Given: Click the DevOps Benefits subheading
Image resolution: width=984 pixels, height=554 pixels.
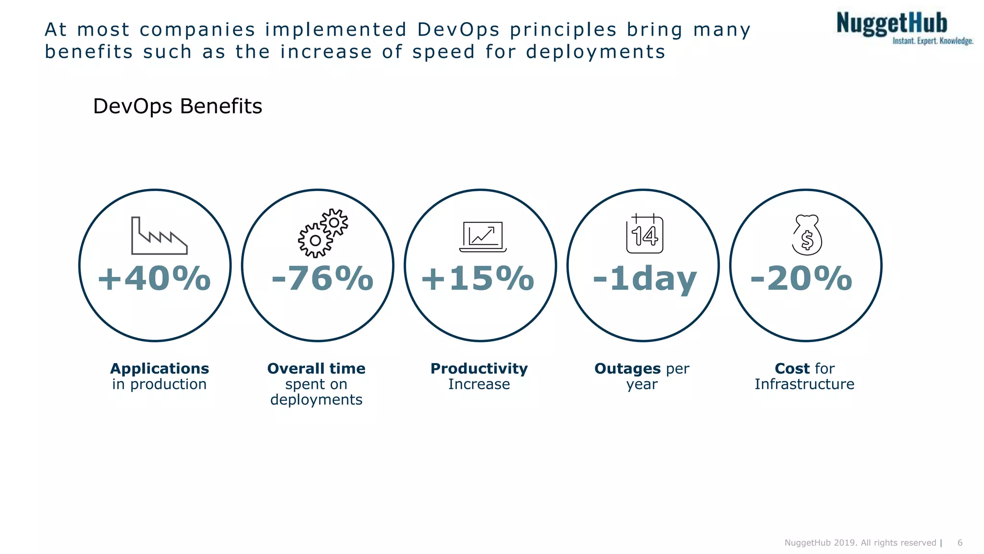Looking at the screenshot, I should click(x=177, y=106).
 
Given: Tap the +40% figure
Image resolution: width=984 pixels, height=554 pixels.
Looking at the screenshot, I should click(x=154, y=279).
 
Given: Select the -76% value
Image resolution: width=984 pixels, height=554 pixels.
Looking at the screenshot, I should click(x=322, y=279).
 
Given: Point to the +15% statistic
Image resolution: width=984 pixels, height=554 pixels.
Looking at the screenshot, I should click(x=477, y=279).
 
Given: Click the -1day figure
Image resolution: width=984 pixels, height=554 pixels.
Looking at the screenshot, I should click(x=644, y=279).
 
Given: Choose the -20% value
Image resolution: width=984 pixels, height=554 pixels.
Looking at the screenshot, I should click(x=801, y=279).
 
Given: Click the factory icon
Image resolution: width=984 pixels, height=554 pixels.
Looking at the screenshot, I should click(x=159, y=236).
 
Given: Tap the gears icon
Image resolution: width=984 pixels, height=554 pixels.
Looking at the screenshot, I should click(x=323, y=233).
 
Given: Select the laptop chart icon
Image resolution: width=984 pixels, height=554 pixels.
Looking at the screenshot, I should click(x=483, y=237).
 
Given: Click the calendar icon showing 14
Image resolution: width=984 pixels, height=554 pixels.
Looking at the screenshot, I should click(x=644, y=234).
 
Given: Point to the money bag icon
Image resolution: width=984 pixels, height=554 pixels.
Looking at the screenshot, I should click(x=807, y=235).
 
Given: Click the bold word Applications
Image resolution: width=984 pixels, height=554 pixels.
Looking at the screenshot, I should click(x=160, y=369).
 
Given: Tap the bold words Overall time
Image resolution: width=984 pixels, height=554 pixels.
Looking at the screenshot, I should click(x=316, y=369).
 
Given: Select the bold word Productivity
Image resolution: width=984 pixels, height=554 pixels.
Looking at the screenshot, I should click(x=479, y=369).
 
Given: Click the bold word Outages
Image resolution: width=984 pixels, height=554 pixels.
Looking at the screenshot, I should click(x=627, y=369).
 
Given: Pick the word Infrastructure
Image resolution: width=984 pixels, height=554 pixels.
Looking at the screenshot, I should click(x=804, y=384).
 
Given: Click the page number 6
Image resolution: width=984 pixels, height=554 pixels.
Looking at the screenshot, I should click(x=960, y=543).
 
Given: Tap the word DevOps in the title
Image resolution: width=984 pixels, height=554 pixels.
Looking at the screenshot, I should click(x=458, y=30).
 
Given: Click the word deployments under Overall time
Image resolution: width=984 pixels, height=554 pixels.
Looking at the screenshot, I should click(x=316, y=400).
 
